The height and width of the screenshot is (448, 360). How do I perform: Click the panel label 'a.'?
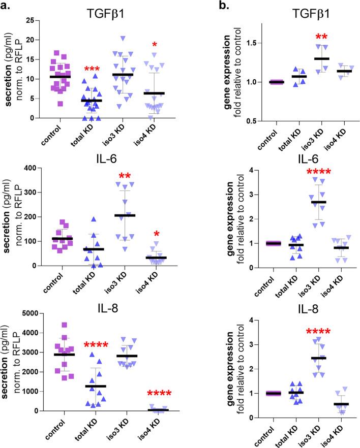(x=9, y=6)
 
